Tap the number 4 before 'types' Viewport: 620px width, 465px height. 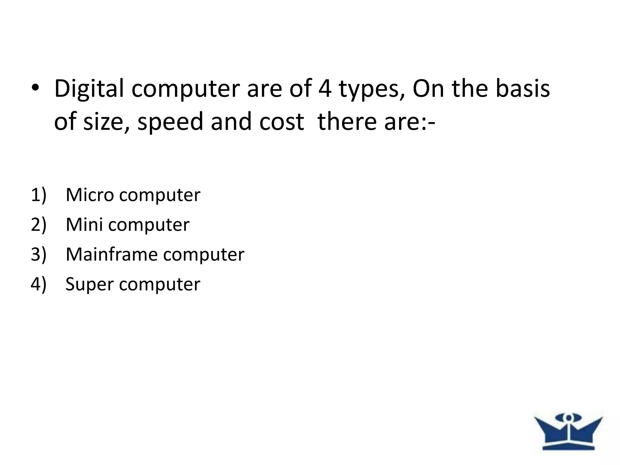pos(325,88)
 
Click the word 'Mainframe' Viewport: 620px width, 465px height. pos(111,254)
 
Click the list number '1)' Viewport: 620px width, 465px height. pos(38,195)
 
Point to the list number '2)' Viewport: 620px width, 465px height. pos(38,225)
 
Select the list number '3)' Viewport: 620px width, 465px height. pos(38,254)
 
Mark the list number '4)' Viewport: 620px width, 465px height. pos(38,284)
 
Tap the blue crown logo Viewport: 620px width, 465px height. pos(568,431)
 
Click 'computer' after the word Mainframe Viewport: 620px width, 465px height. pos(203,254)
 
